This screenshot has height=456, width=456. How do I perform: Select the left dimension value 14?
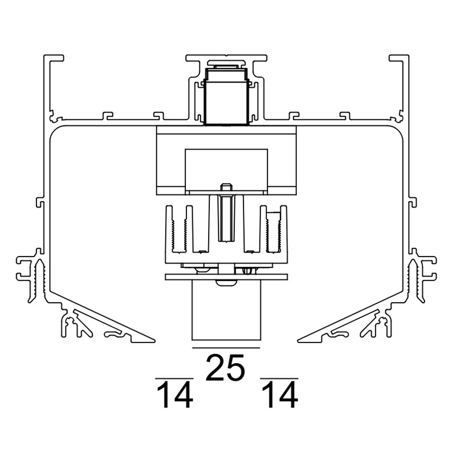coord(174,396)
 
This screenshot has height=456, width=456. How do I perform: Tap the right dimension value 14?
coord(279,396)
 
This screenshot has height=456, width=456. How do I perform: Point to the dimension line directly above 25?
coord(226,347)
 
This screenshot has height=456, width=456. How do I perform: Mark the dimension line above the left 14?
coord(174,377)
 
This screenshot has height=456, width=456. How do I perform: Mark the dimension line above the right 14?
coord(279,377)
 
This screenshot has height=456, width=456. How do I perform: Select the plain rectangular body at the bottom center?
coord(226,313)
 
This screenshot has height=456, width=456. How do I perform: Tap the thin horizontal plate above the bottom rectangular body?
coord(226,277)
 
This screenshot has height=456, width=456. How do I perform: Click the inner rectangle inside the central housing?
coord(226,168)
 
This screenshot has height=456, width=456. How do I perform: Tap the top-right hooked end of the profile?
coord(400,59)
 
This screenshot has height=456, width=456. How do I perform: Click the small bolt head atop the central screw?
coord(226,187)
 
